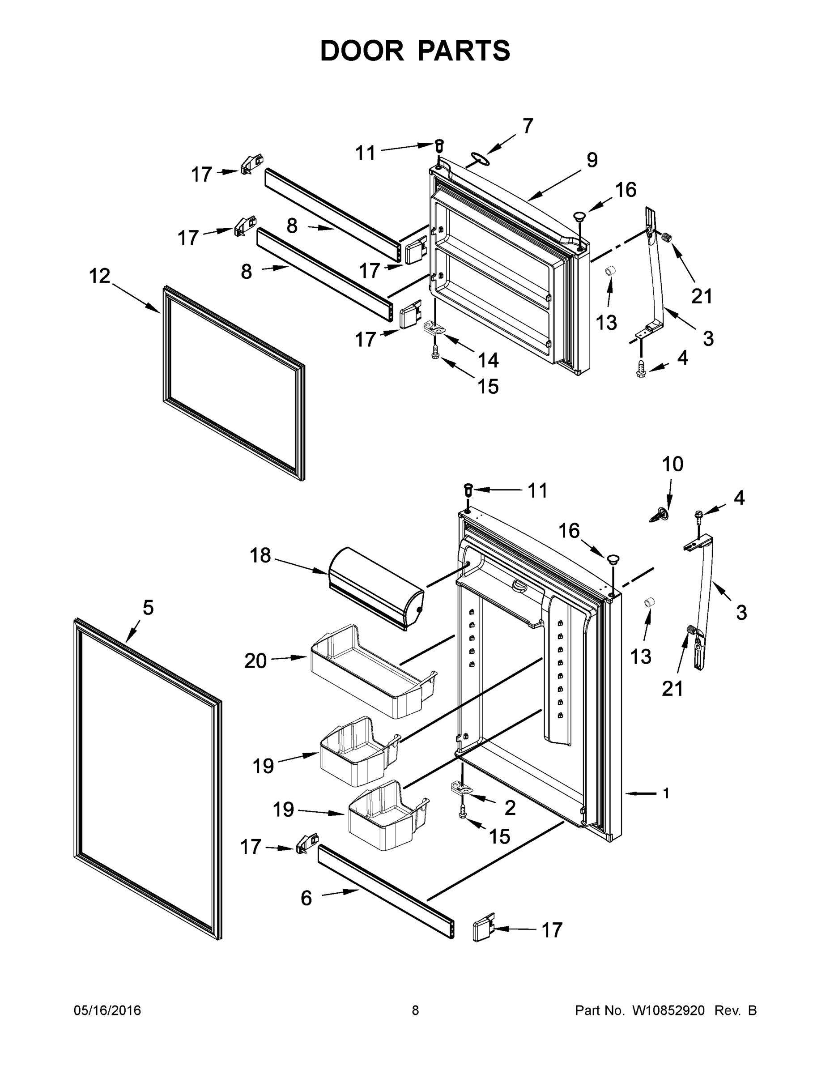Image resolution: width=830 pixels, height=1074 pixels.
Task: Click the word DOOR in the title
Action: coord(362,51)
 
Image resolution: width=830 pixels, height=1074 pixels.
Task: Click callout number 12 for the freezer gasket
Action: coord(100,277)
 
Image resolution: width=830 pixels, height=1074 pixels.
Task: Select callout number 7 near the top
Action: coord(528,126)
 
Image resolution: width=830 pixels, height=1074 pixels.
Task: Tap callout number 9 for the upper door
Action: coord(592,160)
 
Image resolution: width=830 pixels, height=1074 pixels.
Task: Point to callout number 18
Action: coord(260,555)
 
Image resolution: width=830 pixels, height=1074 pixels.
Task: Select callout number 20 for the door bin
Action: coord(255,661)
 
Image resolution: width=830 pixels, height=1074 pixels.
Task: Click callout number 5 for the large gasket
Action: coord(148,608)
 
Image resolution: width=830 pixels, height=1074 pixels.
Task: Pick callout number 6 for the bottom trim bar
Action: coord(306,899)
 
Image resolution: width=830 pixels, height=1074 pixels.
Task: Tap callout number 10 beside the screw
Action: coord(672,464)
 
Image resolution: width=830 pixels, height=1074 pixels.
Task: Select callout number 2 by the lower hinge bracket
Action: coord(510,807)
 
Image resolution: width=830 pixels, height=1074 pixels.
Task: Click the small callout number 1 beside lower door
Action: coord(666,793)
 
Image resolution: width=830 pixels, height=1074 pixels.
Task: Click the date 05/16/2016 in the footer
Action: coord(107,1010)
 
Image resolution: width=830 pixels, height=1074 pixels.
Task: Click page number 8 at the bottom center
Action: coord(415,1010)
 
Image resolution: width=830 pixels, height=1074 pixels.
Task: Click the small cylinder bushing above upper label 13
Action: coord(610,270)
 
